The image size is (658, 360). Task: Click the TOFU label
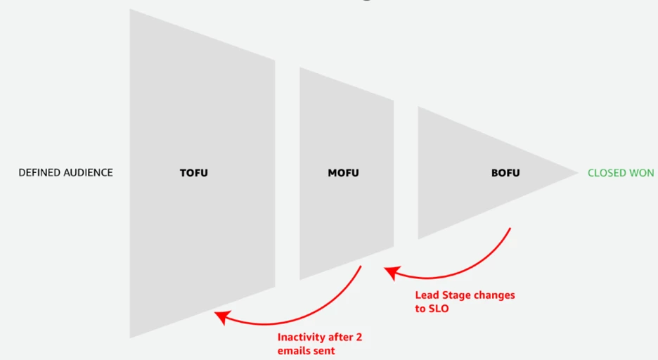coord(194,172)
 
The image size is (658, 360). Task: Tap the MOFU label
coord(343,172)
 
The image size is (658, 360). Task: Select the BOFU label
coord(505,172)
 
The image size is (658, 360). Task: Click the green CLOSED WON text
coord(621,172)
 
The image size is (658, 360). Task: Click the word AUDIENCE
coord(89,172)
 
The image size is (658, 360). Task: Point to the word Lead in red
coord(426,295)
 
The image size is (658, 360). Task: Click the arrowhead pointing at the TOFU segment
coord(220,317)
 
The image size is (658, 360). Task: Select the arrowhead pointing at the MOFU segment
coord(389,271)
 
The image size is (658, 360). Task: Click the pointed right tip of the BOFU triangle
coord(576,172)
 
